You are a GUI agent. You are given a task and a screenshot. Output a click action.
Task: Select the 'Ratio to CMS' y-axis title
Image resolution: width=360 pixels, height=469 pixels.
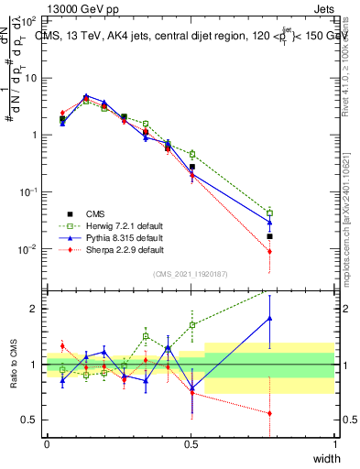12,364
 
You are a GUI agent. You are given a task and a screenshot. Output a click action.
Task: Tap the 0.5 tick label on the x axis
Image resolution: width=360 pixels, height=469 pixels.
191,444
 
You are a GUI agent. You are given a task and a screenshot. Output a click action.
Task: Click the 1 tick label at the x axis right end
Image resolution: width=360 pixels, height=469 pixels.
335,444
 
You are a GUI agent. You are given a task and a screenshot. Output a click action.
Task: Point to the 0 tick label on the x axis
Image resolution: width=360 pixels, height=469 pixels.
47,444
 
